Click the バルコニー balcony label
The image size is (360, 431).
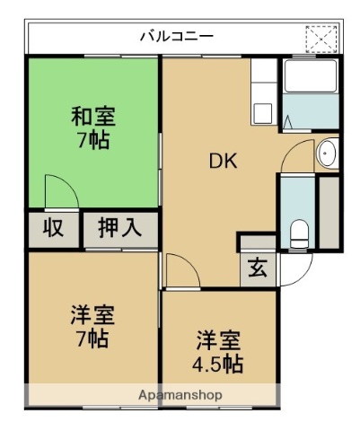tap(176, 38)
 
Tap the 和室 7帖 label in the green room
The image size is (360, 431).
tap(93, 128)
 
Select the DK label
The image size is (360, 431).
tap(224, 162)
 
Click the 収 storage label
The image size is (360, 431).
tap(53, 228)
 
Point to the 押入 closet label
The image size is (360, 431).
tap(120, 228)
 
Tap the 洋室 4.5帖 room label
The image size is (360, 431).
tap(219, 352)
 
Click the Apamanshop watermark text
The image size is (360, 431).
tap(180, 395)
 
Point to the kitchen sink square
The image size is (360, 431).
tap(262, 112)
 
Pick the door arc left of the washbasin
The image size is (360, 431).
tap(295, 155)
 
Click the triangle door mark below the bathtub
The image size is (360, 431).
tap(289, 125)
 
